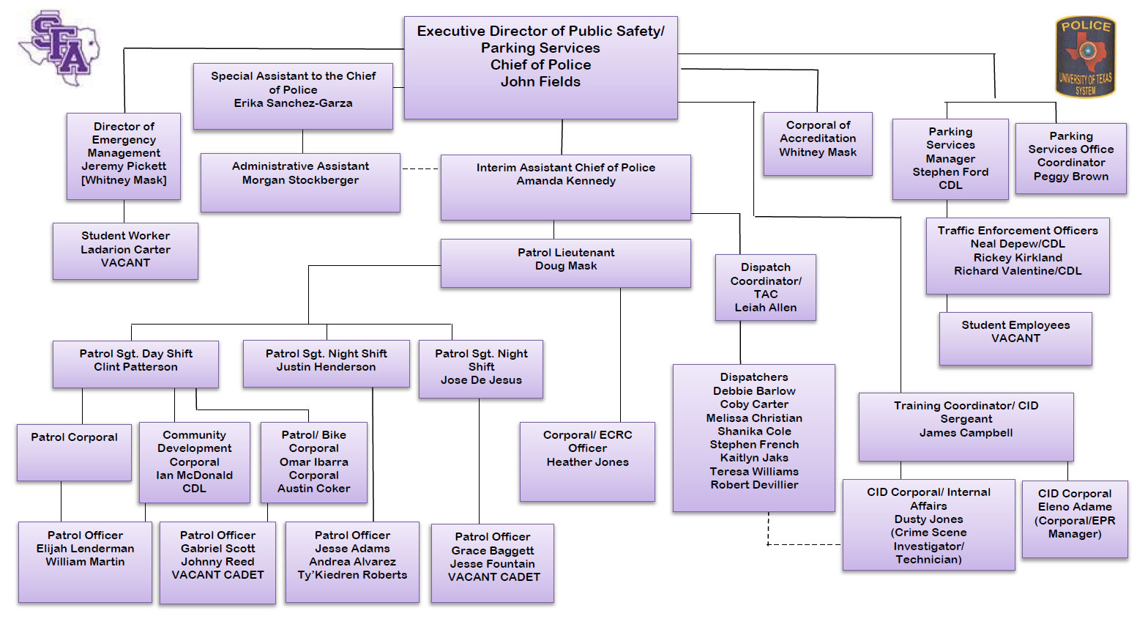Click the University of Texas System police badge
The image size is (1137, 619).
point(1085,57)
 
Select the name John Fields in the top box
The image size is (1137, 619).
point(540,82)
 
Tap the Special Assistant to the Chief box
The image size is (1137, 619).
point(293,96)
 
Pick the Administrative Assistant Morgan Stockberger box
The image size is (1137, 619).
point(300,182)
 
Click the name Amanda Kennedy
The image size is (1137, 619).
point(566,181)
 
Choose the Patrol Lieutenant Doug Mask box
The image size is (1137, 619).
point(565,263)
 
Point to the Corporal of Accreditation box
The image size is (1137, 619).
point(817,144)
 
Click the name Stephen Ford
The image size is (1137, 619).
point(950,172)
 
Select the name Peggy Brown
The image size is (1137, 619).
point(1070,177)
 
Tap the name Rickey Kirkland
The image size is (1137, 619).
point(1018,258)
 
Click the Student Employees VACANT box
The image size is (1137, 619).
point(1015,338)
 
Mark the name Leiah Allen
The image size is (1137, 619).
point(765,308)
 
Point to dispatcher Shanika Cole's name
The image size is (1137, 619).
point(754,431)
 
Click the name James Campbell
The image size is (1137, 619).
point(966,433)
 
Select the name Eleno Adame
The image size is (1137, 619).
point(1074,507)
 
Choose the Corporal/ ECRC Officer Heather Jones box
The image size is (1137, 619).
point(587,462)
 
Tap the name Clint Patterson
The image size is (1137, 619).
point(135,367)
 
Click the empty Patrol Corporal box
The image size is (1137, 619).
point(74,452)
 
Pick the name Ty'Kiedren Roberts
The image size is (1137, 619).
point(352,575)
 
